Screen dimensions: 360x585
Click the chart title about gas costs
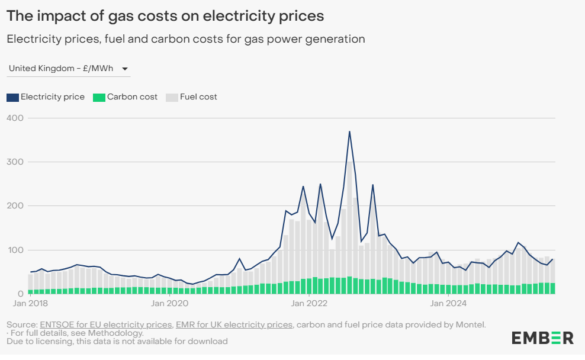[165, 16]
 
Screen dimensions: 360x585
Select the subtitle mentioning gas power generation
[185, 39]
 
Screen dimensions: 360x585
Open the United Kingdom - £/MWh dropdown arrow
[125, 69]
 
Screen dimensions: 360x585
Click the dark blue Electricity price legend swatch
[13, 97]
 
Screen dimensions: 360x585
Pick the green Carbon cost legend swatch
[99, 97]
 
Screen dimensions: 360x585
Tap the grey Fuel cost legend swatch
[172, 97]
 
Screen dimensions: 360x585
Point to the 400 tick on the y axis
[15, 118]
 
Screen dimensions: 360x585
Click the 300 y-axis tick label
[15, 162]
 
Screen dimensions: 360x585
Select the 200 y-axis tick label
[15, 205]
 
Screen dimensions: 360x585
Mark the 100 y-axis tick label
[15, 250]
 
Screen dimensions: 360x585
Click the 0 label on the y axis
[20, 294]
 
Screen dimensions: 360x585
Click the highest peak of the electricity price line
[349, 131]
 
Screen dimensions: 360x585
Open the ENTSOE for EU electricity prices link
[106, 324]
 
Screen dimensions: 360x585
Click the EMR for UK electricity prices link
[234, 324]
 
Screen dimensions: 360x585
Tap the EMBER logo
[542, 338]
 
